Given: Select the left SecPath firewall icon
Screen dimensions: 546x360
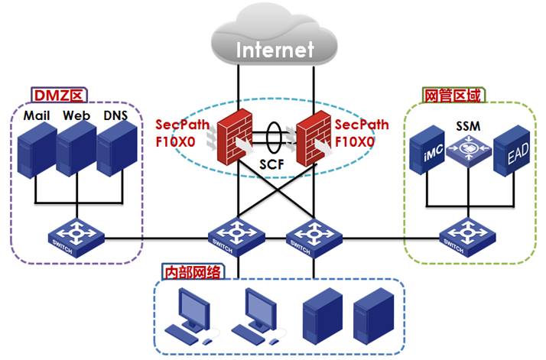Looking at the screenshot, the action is coord(235,137).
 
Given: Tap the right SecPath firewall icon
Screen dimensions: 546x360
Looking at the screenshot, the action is coord(314,138).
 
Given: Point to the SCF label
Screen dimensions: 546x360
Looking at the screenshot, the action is coord(271,164).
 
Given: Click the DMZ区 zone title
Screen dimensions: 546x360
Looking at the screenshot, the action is coord(59,95).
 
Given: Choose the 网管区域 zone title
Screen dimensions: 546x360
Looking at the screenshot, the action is coord(453,95).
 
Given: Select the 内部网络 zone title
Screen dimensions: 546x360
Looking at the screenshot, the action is coord(193,272).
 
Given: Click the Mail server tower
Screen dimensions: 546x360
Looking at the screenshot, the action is coord(37,150).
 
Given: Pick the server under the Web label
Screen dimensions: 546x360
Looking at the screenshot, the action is coord(76,149).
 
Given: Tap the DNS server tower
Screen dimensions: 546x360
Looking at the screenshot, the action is coord(117,149).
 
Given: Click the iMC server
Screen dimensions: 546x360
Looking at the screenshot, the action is coord(427,150).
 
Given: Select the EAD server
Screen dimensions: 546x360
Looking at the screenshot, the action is coord(512,151).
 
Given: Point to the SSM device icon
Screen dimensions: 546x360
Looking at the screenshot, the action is coord(469,149).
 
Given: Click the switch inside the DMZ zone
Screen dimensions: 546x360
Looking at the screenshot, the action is coord(76,238).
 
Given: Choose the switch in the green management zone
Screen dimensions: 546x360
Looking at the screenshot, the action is coord(467,238).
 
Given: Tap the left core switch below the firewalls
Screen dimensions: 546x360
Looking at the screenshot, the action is coord(236,238).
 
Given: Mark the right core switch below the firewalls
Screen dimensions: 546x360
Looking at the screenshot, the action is coord(314,238).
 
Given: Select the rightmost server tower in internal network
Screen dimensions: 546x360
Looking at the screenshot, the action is coord(374,316).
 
